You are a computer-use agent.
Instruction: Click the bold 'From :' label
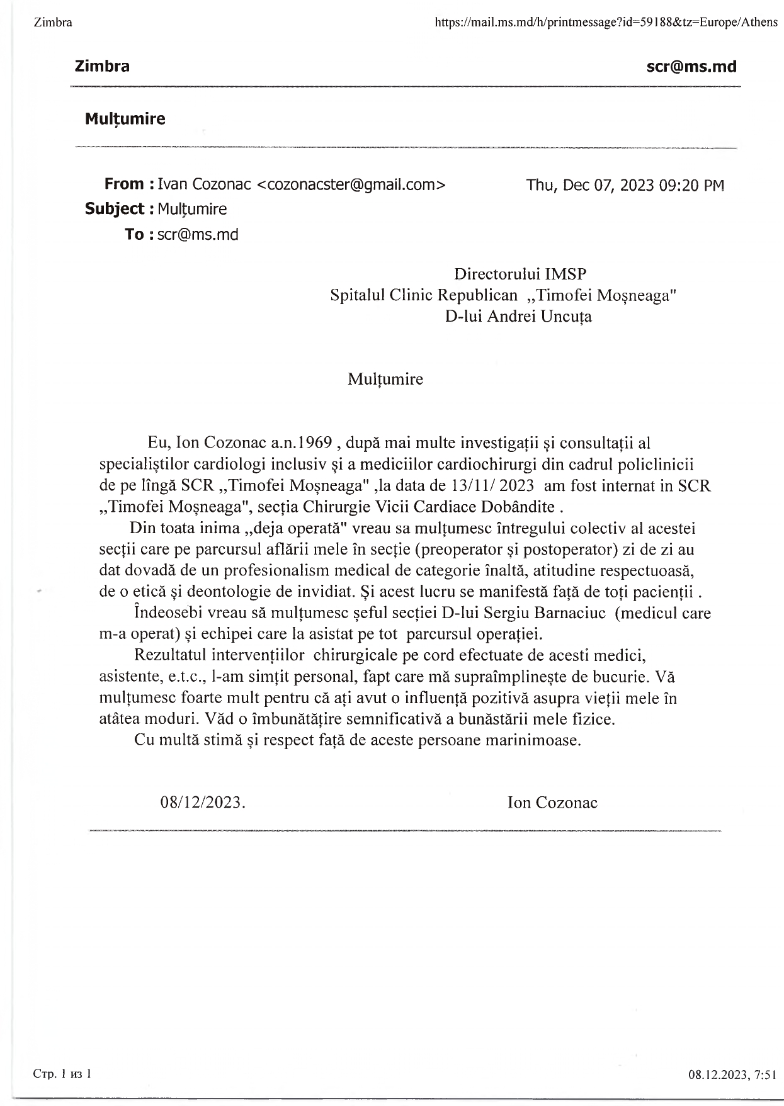click(x=129, y=184)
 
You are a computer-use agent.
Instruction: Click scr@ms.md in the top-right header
click(x=691, y=67)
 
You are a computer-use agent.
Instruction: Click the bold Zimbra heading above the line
click(x=102, y=66)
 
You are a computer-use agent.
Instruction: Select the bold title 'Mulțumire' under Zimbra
click(x=125, y=119)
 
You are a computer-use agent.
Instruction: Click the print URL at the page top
click(x=606, y=23)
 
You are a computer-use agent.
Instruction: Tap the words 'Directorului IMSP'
click(x=520, y=274)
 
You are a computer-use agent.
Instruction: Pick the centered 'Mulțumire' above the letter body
click(x=385, y=379)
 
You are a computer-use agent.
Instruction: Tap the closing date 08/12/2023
click(x=202, y=802)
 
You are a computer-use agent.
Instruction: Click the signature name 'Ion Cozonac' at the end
click(x=552, y=802)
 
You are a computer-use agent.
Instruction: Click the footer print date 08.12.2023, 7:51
click(x=732, y=1075)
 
